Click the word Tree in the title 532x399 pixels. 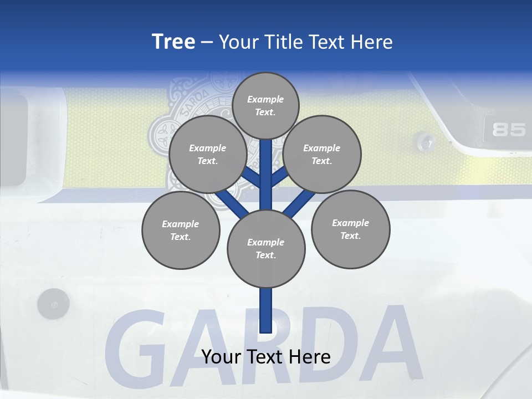(x=173, y=42)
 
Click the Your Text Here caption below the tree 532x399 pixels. (x=266, y=357)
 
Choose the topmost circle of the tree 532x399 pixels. (x=265, y=105)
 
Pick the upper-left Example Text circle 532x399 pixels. (x=207, y=154)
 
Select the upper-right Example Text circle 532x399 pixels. (x=322, y=154)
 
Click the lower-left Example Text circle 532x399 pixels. (x=181, y=230)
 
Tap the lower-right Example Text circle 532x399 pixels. (x=350, y=229)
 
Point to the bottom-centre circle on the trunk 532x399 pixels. (x=266, y=248)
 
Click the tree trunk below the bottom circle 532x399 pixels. (x=266, y=310)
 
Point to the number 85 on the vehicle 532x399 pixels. (x=509, y=130)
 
